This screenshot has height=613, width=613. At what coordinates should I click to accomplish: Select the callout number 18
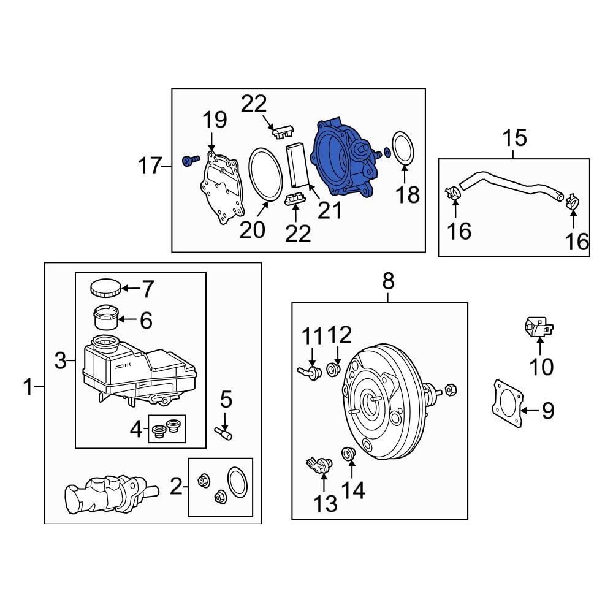(x=408, y=195)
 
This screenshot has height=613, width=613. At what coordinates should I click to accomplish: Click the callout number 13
(x=326, y=503)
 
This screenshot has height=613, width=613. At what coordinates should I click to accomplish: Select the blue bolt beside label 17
(x=189, y=161)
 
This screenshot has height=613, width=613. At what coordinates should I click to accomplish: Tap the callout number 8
(x=388, y=282)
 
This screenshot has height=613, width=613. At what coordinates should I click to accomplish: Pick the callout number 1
(x=28, y=387)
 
